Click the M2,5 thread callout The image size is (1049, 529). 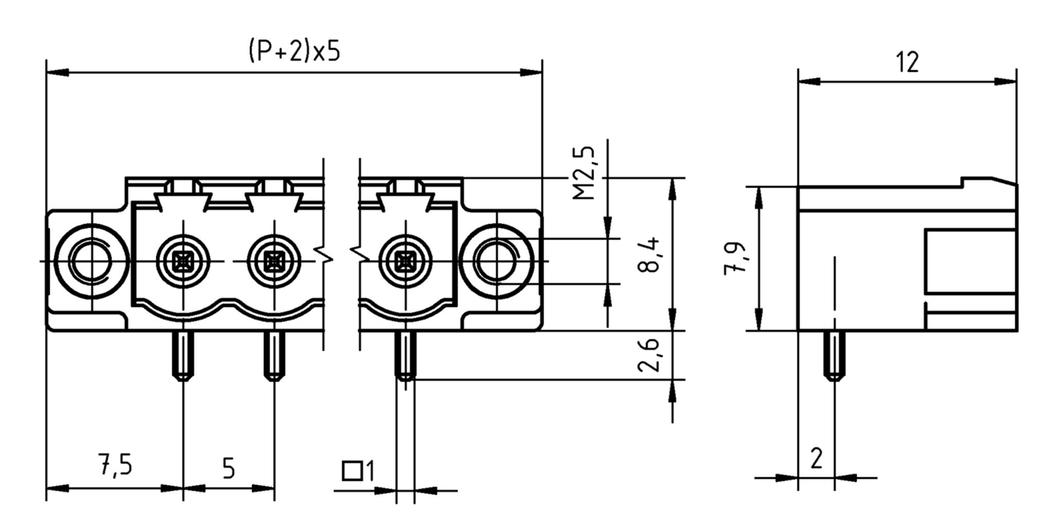pos(584,173)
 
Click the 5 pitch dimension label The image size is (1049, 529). pos(229,469)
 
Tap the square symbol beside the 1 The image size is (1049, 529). pos(352,471)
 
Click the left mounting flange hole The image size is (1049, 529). pos(91,261)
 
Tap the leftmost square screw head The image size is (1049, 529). pos(183,262)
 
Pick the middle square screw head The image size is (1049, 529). pos(274,262)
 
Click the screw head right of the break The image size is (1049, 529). pos(405,262)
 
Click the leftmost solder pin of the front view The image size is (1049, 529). pos(183,355)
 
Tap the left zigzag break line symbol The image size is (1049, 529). pos(324,254)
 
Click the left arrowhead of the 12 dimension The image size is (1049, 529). pos(809,81)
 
